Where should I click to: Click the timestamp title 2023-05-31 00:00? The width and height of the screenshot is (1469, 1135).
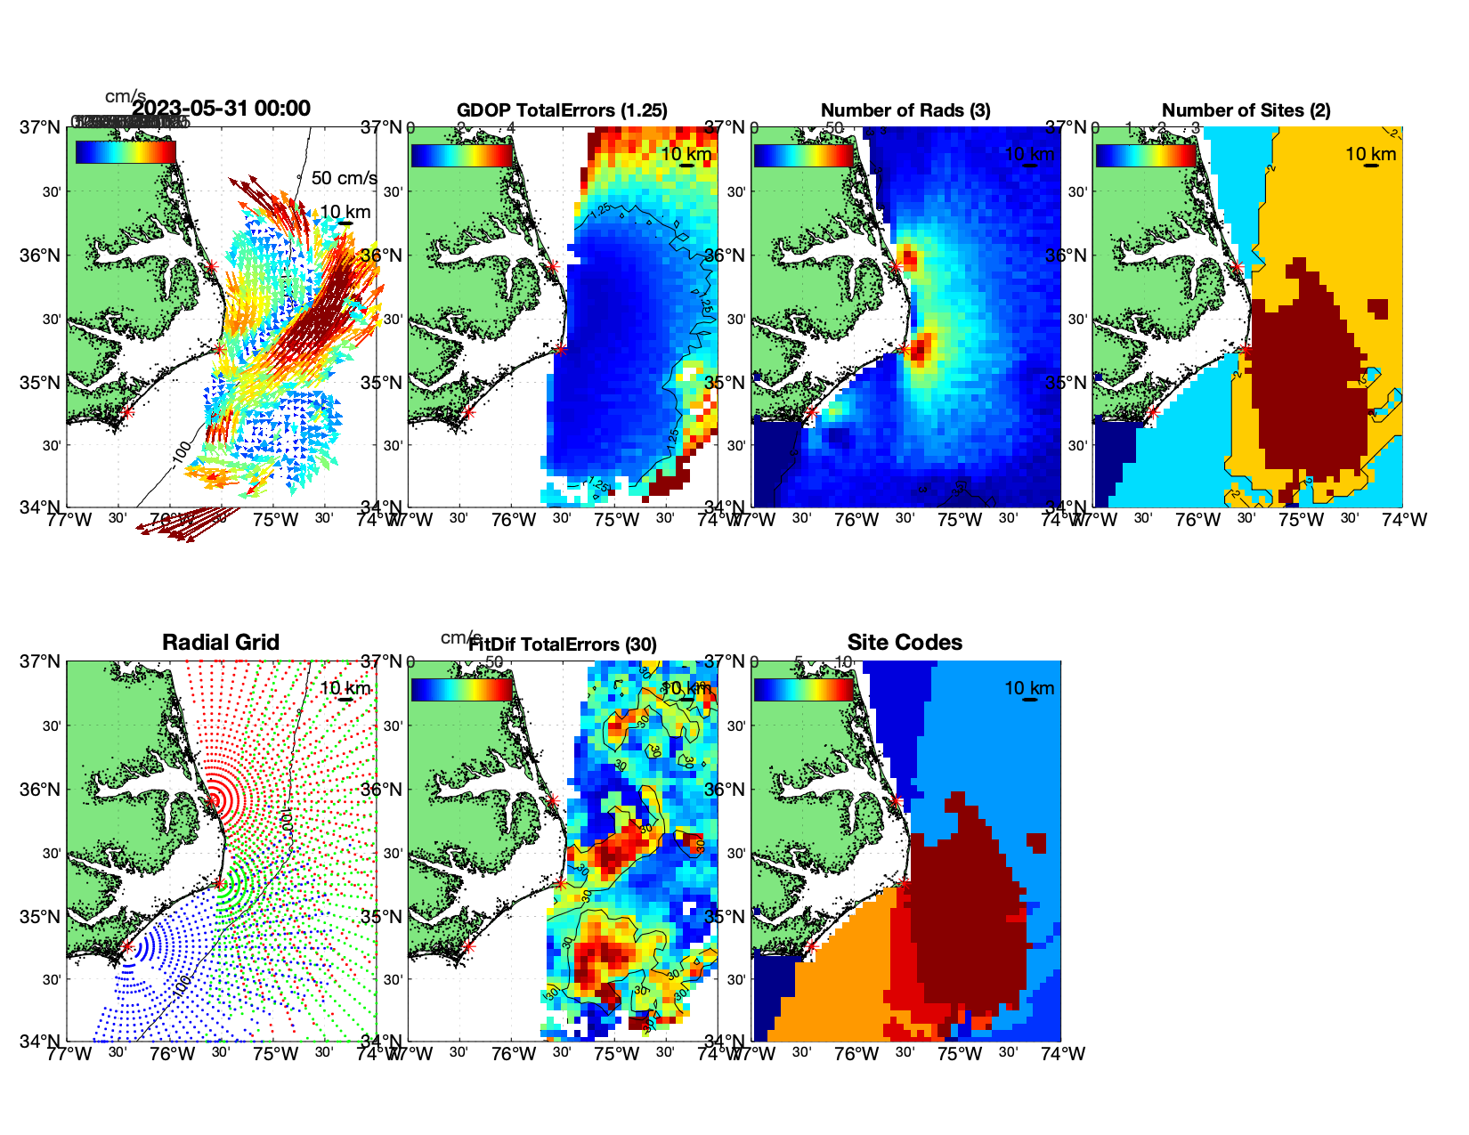point(221,109)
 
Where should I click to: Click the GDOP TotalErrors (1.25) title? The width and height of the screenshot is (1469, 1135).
point(562,110)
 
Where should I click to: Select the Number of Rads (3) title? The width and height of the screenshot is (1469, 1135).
point(905,110)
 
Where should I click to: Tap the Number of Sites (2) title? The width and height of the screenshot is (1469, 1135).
point(1246,110)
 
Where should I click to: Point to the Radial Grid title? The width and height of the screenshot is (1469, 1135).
point(221,643)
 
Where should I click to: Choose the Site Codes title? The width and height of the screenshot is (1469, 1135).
point(905,643)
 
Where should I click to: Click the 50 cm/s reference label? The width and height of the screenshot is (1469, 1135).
point(344,178)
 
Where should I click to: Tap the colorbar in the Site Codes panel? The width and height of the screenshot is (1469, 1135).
point(803,689)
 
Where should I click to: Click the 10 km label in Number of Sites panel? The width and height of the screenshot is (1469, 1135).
point(1370,154)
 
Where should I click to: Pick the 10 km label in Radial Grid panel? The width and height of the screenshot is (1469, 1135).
point(345,688)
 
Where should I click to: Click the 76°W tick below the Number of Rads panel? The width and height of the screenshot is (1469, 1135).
point(856,520)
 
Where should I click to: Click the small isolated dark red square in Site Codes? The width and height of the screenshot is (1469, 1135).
point(1035,842)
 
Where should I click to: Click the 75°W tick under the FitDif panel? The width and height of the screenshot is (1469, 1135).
point(616,1054)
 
